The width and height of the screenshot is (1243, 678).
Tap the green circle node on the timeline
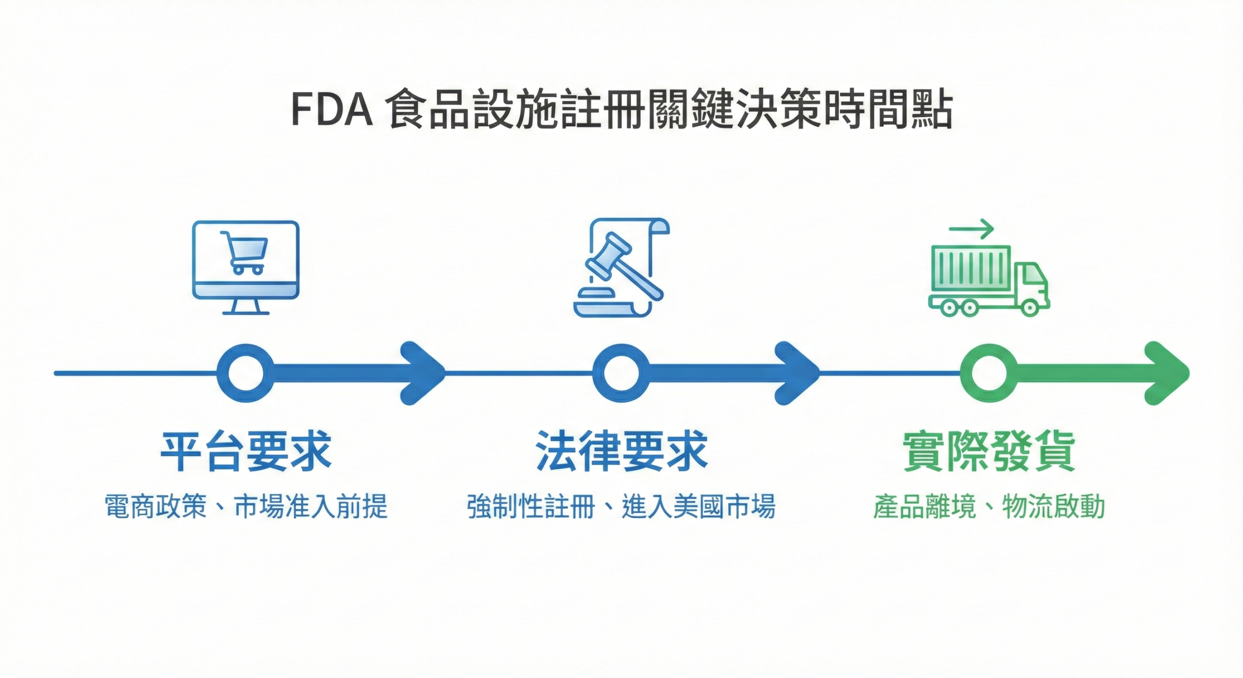(x=989, y=373)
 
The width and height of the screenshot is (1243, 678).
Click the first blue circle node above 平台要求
(x=245, y=373)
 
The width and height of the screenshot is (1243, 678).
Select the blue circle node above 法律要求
(x=621, y=373)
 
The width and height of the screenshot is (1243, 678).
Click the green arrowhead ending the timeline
(x=1168, y=373)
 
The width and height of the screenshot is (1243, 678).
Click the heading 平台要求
(x=246, y=452)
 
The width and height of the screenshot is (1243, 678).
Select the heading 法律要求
(x=621, y=452)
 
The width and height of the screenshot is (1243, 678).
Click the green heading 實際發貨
(x=989, y=452)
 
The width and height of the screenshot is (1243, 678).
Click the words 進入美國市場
(x=698, y=507)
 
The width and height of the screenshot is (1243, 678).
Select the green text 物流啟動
(x=1054, y=507)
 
